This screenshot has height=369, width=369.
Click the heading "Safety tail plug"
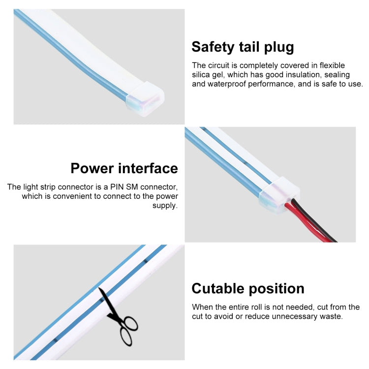(x=243, y=47)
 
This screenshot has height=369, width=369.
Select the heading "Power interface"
(x=124, y=168)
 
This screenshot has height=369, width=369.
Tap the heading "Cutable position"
(x=248, y=289)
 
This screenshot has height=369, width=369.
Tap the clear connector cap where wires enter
(x=279, y=195)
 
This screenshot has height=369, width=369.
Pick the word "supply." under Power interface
(x=165, y=206)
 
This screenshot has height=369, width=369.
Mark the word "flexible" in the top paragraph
(x=332, y=65)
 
